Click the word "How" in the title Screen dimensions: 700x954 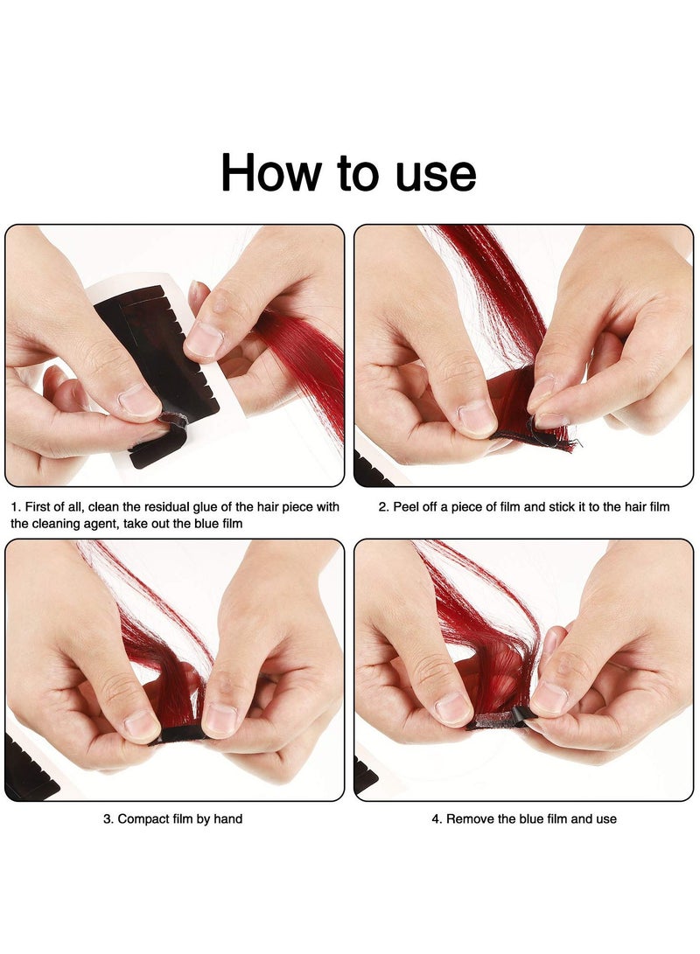coord(270,172)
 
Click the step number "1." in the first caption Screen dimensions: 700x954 coord(16,507)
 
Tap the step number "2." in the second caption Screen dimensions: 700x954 coord(383,507)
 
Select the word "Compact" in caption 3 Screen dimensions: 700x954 coord(141,819)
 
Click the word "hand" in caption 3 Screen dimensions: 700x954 coord(228,819)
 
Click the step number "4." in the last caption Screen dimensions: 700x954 coord(437,819)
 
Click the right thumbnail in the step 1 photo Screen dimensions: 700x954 coord(201,339)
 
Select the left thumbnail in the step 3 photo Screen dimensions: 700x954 coord(141,724)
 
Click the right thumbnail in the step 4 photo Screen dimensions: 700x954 coord(549,697)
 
